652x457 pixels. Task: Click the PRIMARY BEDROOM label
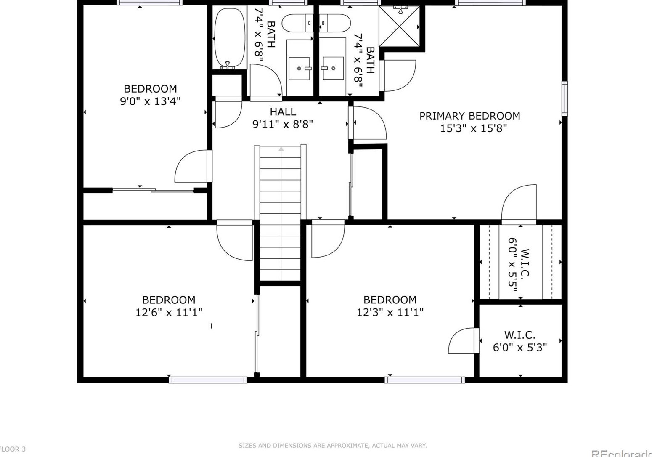[x=469, y=116]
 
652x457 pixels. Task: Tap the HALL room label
[x=283, y=112]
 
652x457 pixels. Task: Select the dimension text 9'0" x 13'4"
[x=150, y=101]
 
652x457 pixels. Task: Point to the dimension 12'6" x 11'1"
[x=169, y=313]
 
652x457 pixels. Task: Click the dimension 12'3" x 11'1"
[x=390, y=313]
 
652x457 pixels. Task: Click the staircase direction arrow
[x=281, y=149]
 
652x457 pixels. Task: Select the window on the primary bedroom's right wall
[x=565, y=98]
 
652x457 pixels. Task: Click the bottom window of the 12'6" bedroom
[x=208, y=380]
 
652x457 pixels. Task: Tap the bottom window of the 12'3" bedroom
[x=424, y=380]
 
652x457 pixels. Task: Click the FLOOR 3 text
[x=13, y=449]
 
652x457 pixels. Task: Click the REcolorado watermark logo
[x=621, y=454]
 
